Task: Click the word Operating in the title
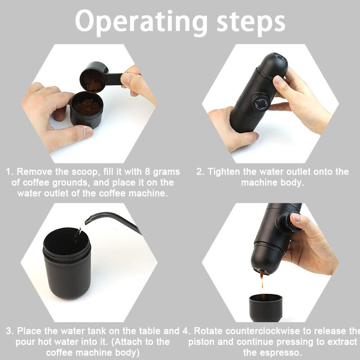pyautogui.click(x=141, y=22)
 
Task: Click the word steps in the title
pyautogui.click(x=251, y=22)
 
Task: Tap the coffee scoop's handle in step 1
pyautogui.click(x=114, y=79)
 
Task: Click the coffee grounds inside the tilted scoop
pyautogui.click(x=93, y=81)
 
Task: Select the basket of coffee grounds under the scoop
pyautogui.click(x=87, y=109)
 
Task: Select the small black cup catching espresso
pyautogui.click(x=265, y=308)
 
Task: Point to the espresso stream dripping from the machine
pyautogui.click(x=262, y=279)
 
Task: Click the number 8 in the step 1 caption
pyautogui.click(x=148, y=172)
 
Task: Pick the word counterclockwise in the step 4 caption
pyautogui.click(x=247, y=331)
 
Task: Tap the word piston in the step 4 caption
pyautogui.click(x=201, y=342)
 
